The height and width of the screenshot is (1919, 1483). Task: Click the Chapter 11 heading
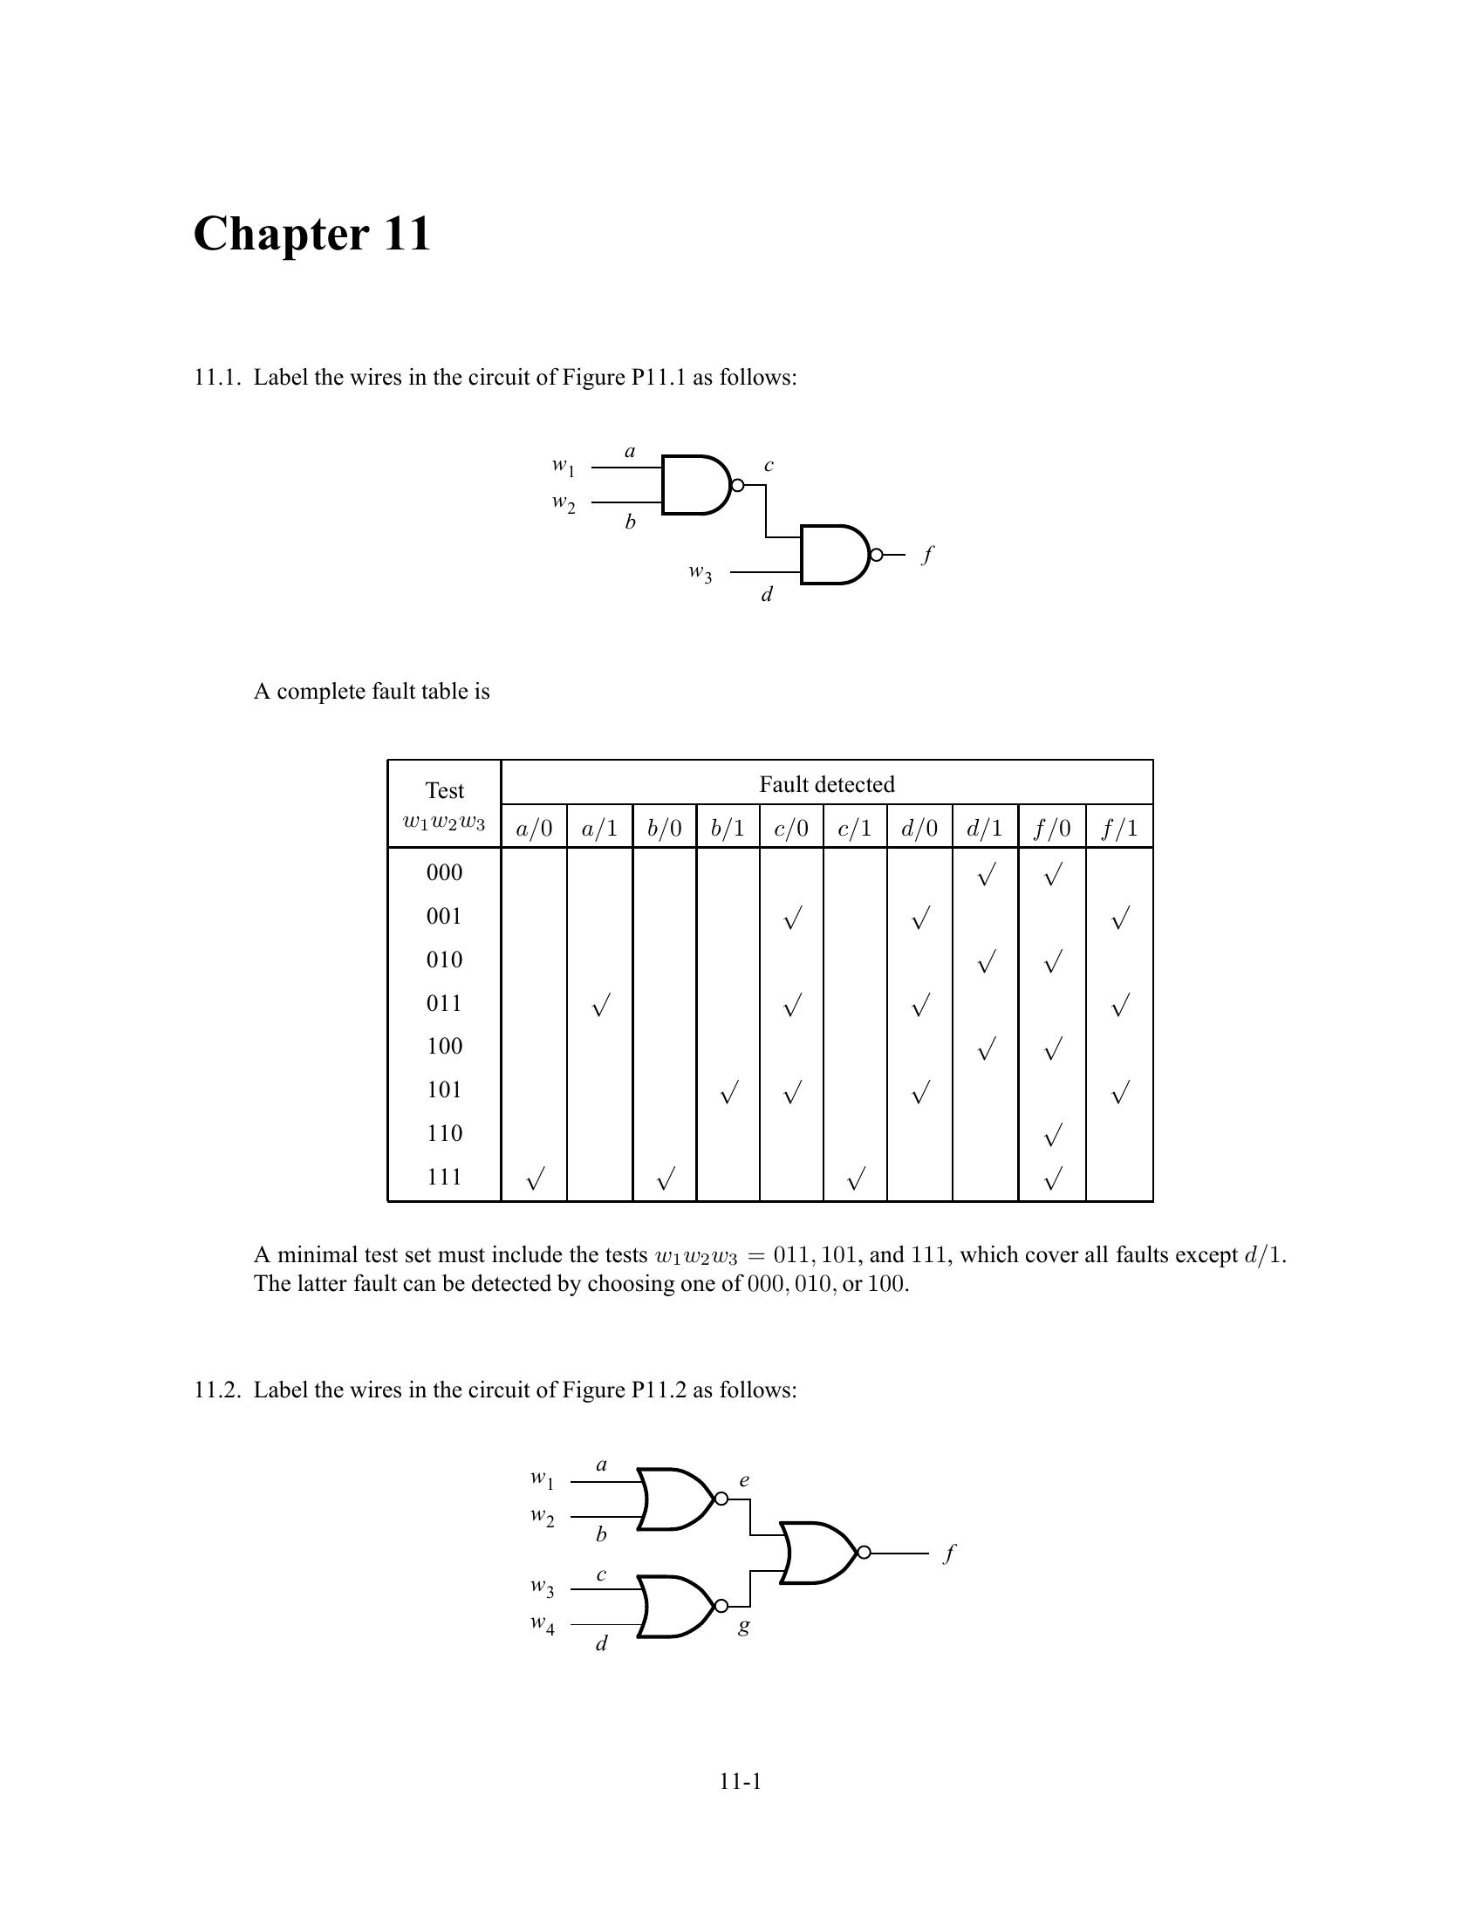312,234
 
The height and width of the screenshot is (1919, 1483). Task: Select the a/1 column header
599,828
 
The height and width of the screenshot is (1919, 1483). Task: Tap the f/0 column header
1052,828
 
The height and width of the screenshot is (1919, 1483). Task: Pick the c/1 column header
855,828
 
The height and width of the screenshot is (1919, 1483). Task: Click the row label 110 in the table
445,1133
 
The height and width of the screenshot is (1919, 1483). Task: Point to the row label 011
445,1003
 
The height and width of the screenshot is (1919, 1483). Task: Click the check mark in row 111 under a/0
534,1178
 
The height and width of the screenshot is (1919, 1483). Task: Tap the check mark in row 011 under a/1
599,1006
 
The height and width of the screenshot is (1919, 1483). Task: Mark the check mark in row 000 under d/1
986,874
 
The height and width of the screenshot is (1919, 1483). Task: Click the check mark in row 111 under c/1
856,1178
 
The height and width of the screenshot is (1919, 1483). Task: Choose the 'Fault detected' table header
827,784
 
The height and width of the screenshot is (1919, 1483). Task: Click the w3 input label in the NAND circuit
700,573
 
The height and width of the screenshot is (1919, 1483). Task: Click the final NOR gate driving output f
818,1553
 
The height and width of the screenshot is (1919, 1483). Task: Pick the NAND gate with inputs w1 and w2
696,484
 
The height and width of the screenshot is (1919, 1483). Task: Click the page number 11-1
740,1781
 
